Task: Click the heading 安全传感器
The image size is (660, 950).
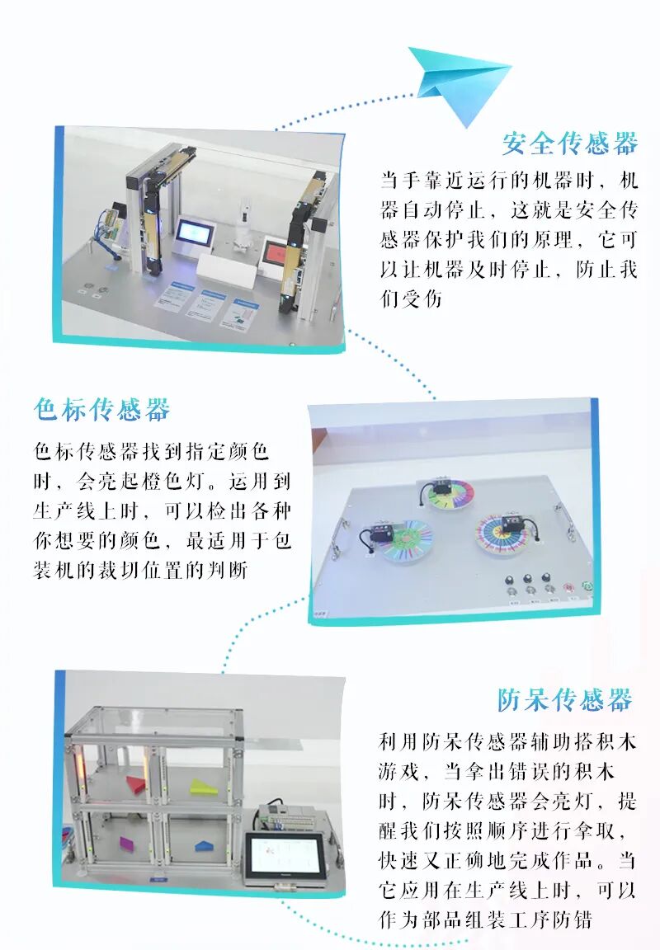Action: point(570,143)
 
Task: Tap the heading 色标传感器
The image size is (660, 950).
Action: point(101,410)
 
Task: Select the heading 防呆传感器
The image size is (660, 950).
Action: point(565,700)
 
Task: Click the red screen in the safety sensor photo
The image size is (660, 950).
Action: point(276,252)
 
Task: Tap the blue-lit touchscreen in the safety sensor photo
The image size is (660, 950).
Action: point(196,233)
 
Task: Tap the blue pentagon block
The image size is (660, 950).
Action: point(203,844)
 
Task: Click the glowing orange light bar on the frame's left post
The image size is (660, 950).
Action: point(78,764)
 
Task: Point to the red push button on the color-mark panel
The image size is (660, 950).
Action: point(568,588)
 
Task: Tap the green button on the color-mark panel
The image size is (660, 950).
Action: point(586,586)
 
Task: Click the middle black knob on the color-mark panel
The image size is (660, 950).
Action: point(528,579)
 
